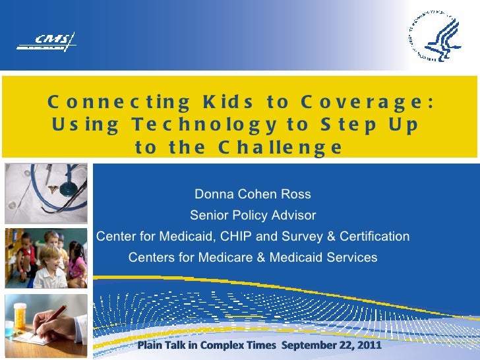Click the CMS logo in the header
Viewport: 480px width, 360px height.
pyautogui.click(x=47, y=43)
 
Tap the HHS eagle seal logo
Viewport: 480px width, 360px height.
pyautogui.click(x=435, y=37)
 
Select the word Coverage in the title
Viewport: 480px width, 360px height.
pyautogui.click(x=367, y=102)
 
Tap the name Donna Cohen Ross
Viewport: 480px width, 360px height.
pyautogui.click(x=253, y=195)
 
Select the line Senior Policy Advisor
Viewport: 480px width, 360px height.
pyautogui.click(x=253, y=216)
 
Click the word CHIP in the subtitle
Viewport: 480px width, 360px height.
pyautogui.click(x=247, y=236)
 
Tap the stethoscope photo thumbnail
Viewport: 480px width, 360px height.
pyautogui.click(x=45, y=193)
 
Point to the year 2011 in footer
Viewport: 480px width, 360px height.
pyautogui.click(x=369, y=345)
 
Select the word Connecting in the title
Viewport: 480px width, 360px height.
pyautogui.click(x=119, y=102)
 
